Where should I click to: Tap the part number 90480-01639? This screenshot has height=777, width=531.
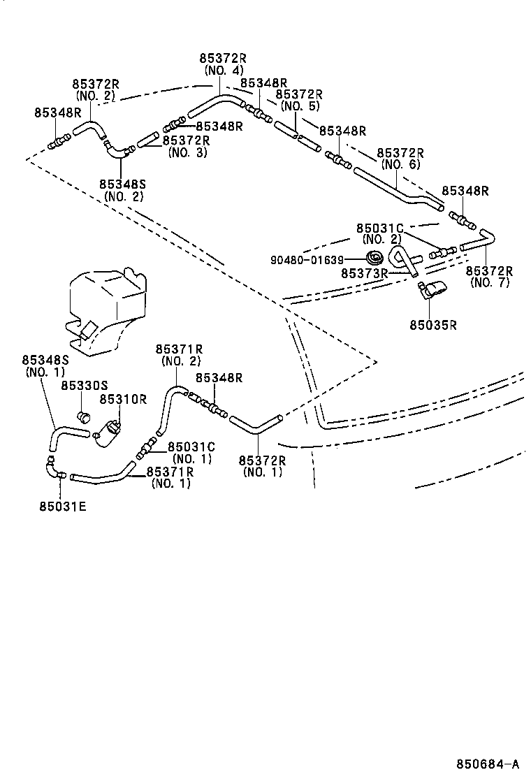coord(307,261)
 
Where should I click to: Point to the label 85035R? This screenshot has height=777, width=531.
coord(433,324)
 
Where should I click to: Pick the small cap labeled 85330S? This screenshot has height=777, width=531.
coord(85,417)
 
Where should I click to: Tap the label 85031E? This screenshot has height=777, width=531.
coord(63,505)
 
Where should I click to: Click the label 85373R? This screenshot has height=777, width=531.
coord(364,273)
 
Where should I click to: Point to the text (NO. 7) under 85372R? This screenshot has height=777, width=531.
coord(490,282)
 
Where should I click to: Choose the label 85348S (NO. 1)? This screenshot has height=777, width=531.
coord(45,366)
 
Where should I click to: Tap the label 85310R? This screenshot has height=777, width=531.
coord(122,399)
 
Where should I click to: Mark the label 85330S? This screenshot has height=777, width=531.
coord(84,385)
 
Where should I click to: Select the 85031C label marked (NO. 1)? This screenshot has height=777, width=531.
coord(191,452)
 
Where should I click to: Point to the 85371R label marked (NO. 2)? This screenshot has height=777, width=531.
coord(180,355)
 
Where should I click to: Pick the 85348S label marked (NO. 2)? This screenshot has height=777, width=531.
coord(122,190)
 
